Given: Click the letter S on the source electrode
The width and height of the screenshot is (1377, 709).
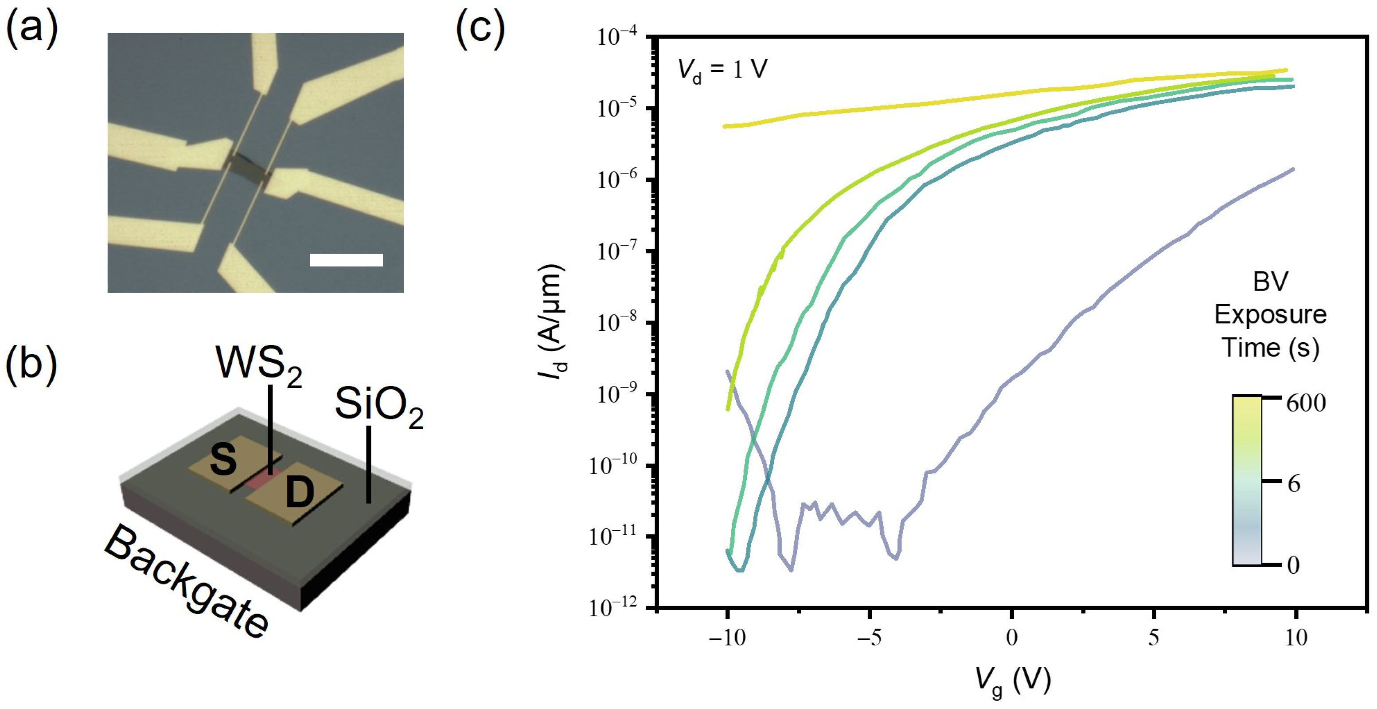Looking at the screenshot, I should (223, 460).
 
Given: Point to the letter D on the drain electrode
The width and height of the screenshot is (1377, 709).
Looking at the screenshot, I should (300, 493).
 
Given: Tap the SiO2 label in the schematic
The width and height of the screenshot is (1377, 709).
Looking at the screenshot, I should (379, 406).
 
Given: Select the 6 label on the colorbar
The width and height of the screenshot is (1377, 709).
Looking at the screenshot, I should (1294, 484).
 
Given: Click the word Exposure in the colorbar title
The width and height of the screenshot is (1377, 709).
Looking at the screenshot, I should (1270, 315).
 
